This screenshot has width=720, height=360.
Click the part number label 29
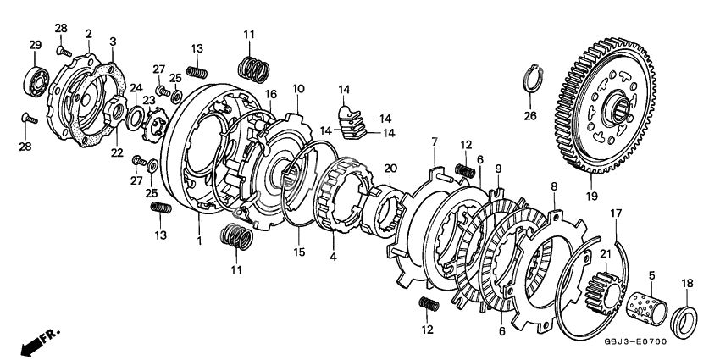[35, 45]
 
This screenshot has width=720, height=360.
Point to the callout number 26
[530, 116]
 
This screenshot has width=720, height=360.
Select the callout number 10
[298, 89]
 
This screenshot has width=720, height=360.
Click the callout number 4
[331, 256]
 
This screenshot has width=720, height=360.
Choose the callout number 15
[297, 252]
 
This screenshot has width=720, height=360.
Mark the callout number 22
[117, 153]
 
